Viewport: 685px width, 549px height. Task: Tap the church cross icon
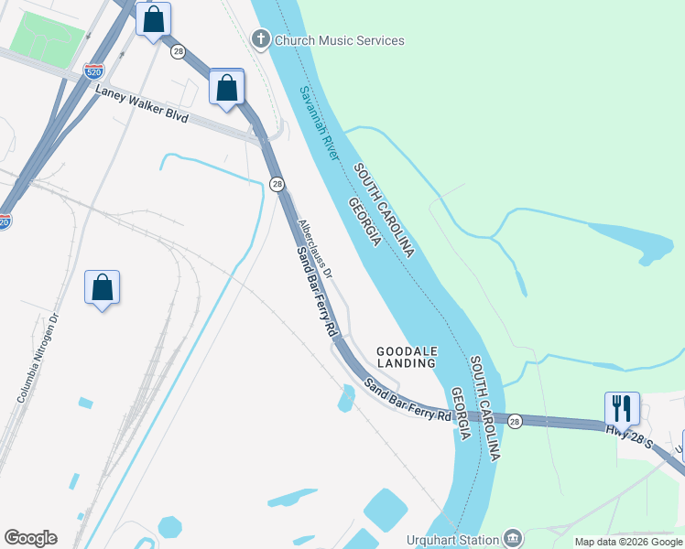261,39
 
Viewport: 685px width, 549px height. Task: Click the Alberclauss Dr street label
316,248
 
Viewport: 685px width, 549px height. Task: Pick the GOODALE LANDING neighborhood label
407,357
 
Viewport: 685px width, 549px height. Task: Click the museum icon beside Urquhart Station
513,536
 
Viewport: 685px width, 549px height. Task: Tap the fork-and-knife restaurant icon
622,407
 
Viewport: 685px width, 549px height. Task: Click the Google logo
30,538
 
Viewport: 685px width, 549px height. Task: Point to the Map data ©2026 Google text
628,542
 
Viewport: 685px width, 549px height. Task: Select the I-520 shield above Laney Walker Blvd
92,69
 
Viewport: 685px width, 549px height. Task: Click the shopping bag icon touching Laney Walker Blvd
226,88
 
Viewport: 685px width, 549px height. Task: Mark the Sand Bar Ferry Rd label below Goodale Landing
408,401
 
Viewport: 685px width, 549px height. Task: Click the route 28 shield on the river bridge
515,421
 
